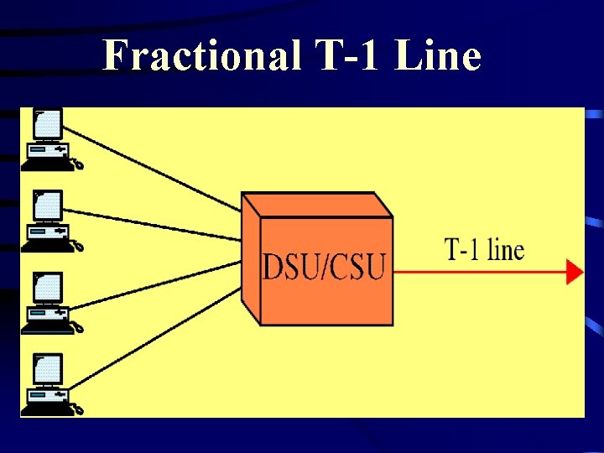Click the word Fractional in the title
200,56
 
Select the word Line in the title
437,56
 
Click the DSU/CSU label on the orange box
324,267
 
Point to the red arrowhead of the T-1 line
575,272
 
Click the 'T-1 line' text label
484,249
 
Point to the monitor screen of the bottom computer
48,369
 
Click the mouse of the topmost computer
78,165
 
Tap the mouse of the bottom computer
78,410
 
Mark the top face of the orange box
317,205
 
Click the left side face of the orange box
250,256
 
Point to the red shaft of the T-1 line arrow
478,272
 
